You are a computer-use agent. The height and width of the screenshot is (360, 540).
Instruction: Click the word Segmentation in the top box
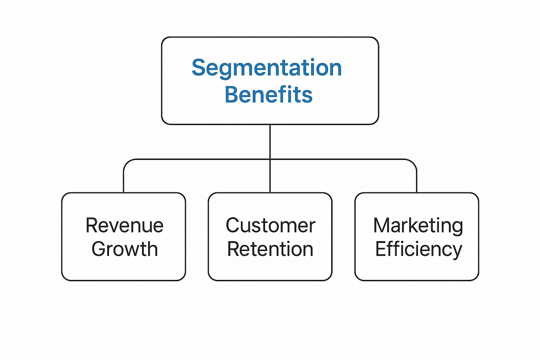(266, 68)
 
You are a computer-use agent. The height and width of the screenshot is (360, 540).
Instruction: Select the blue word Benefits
(269, 95)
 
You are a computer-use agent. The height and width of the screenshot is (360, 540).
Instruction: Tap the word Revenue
(124, 225)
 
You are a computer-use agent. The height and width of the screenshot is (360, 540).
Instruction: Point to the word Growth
(124, 249)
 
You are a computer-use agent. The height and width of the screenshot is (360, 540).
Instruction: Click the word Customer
(270, 225)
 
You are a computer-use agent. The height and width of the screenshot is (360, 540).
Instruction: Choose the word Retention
(270, 249)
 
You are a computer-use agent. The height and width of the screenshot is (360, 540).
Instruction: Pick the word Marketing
(418, 226)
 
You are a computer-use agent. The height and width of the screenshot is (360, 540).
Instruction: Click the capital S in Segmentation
(199, 67)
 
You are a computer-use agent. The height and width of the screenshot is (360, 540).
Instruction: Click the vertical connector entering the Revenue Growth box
(124, 181)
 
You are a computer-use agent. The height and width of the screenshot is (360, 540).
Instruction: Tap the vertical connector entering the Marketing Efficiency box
(417, 181)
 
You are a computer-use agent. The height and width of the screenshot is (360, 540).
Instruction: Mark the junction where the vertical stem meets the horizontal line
(270, 159)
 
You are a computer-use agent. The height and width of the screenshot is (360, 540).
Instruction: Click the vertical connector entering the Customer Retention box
(270, 178)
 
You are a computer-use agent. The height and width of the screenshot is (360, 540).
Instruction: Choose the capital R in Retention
(233, 249)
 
